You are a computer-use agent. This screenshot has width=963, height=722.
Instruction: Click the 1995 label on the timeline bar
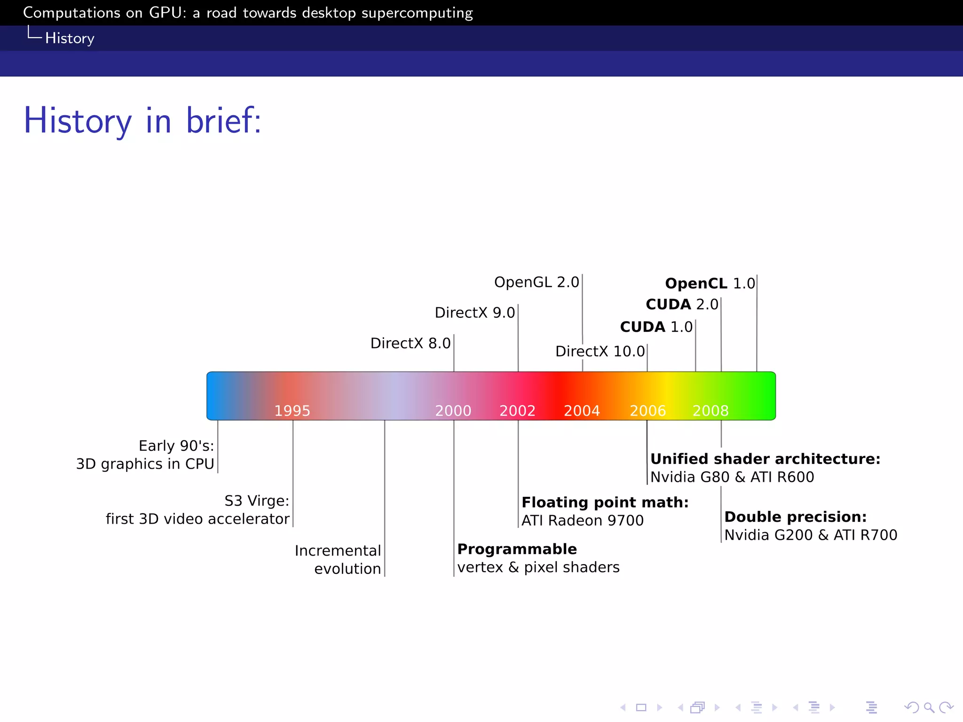(292, 411)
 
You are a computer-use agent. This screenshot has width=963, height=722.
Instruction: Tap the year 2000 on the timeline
(453, 411)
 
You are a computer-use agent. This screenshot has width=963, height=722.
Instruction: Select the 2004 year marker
(582, 411)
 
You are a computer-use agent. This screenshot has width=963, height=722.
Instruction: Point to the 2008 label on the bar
(710, 411)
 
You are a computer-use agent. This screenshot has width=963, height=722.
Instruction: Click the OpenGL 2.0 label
(537, 283)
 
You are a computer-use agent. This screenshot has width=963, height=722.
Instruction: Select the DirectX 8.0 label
(410, 343)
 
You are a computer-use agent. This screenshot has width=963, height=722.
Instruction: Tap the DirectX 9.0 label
(475, 313)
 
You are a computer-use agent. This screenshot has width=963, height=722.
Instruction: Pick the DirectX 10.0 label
(600, 351)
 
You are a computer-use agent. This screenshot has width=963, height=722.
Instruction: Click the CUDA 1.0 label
(656, 327)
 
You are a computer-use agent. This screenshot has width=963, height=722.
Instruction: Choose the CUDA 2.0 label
(682, 304)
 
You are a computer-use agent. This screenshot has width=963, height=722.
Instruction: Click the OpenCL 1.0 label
(710, 283)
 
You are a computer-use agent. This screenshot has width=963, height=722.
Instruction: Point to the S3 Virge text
(257, 501)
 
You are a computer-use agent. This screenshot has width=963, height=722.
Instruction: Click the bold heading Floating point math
(605, 502)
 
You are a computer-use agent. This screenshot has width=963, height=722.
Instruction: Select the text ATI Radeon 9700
(583, 521)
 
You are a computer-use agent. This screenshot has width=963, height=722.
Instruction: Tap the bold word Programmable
(517, 549)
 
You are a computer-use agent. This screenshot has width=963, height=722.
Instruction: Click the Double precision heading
(795, 517)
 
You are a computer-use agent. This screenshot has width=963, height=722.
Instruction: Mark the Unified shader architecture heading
(765, 459)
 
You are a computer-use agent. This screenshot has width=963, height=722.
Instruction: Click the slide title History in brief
(142, 121)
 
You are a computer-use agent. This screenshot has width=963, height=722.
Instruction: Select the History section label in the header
(70, 38)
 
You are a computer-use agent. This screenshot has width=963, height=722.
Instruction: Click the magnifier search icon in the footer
(929, 707)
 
